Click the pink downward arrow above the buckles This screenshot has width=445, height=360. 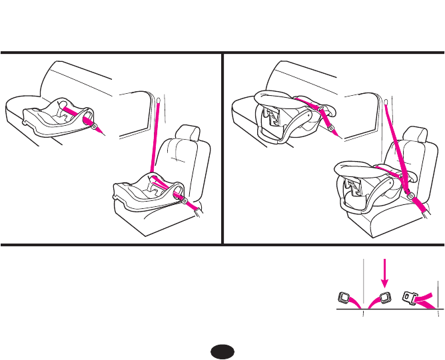click(x=383, y=273)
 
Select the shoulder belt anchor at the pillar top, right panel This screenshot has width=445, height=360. click(x=386, y=101)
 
